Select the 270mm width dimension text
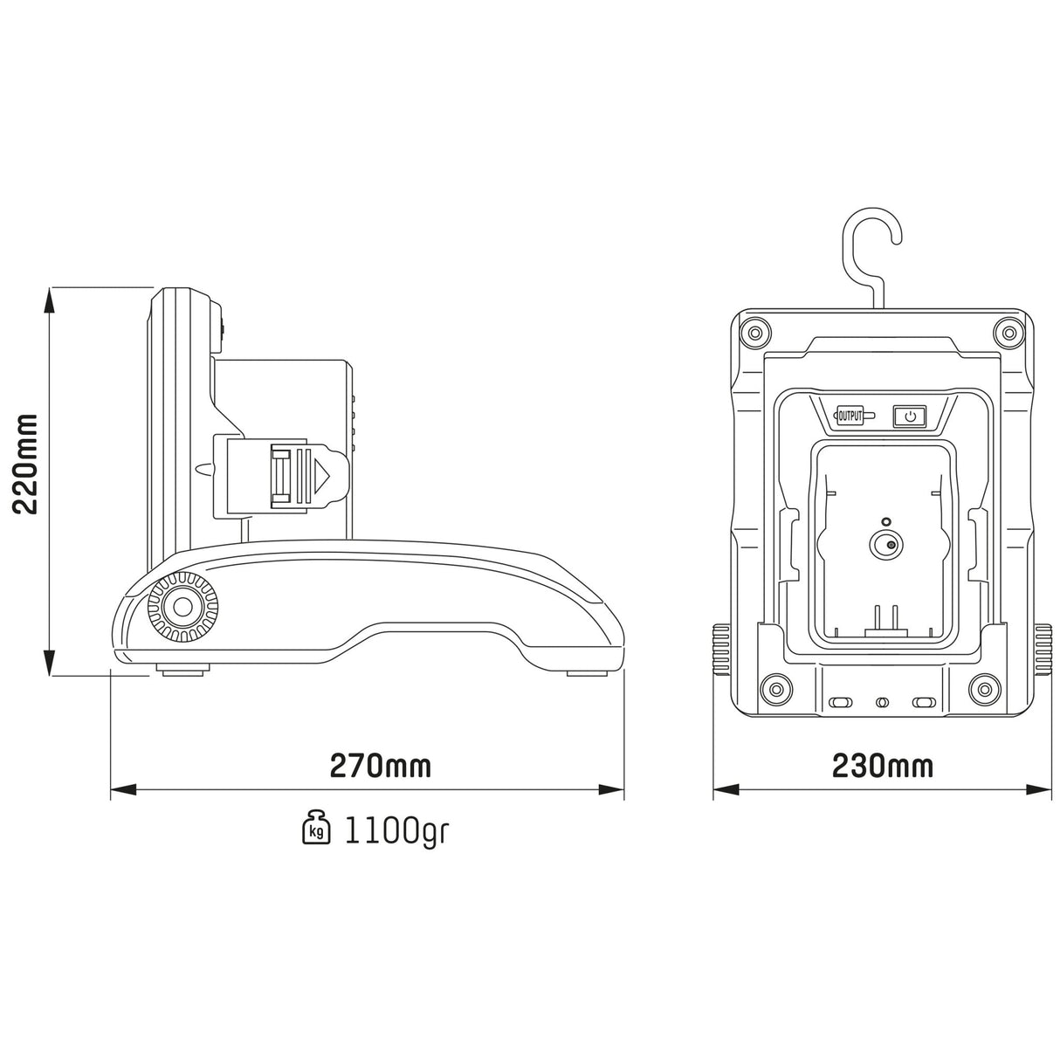(x=380, y=766)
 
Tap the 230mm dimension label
(x=882, y=766)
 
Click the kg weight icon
(x=316, y=827)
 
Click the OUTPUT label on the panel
(x=850, y=416)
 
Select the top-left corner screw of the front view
(x=753, y=333)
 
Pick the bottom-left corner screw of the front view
(x=772, y=689)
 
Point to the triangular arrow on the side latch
(x=322, y=477)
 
